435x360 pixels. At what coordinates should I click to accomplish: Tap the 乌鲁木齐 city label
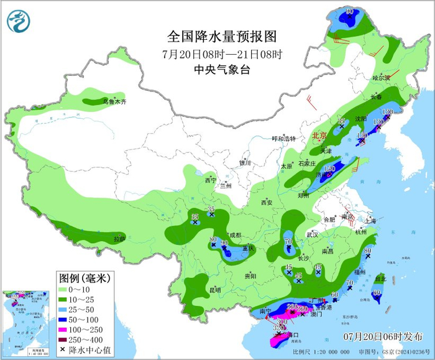pyautogui.click(x=114, y=101)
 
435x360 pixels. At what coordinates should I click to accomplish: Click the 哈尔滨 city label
pyautogui.click(x=381, y=78)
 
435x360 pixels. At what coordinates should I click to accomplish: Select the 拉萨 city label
pyautogui.click(x=119, y=238)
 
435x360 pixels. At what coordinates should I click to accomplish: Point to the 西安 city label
pyautogui.click(x=267, y=202)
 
